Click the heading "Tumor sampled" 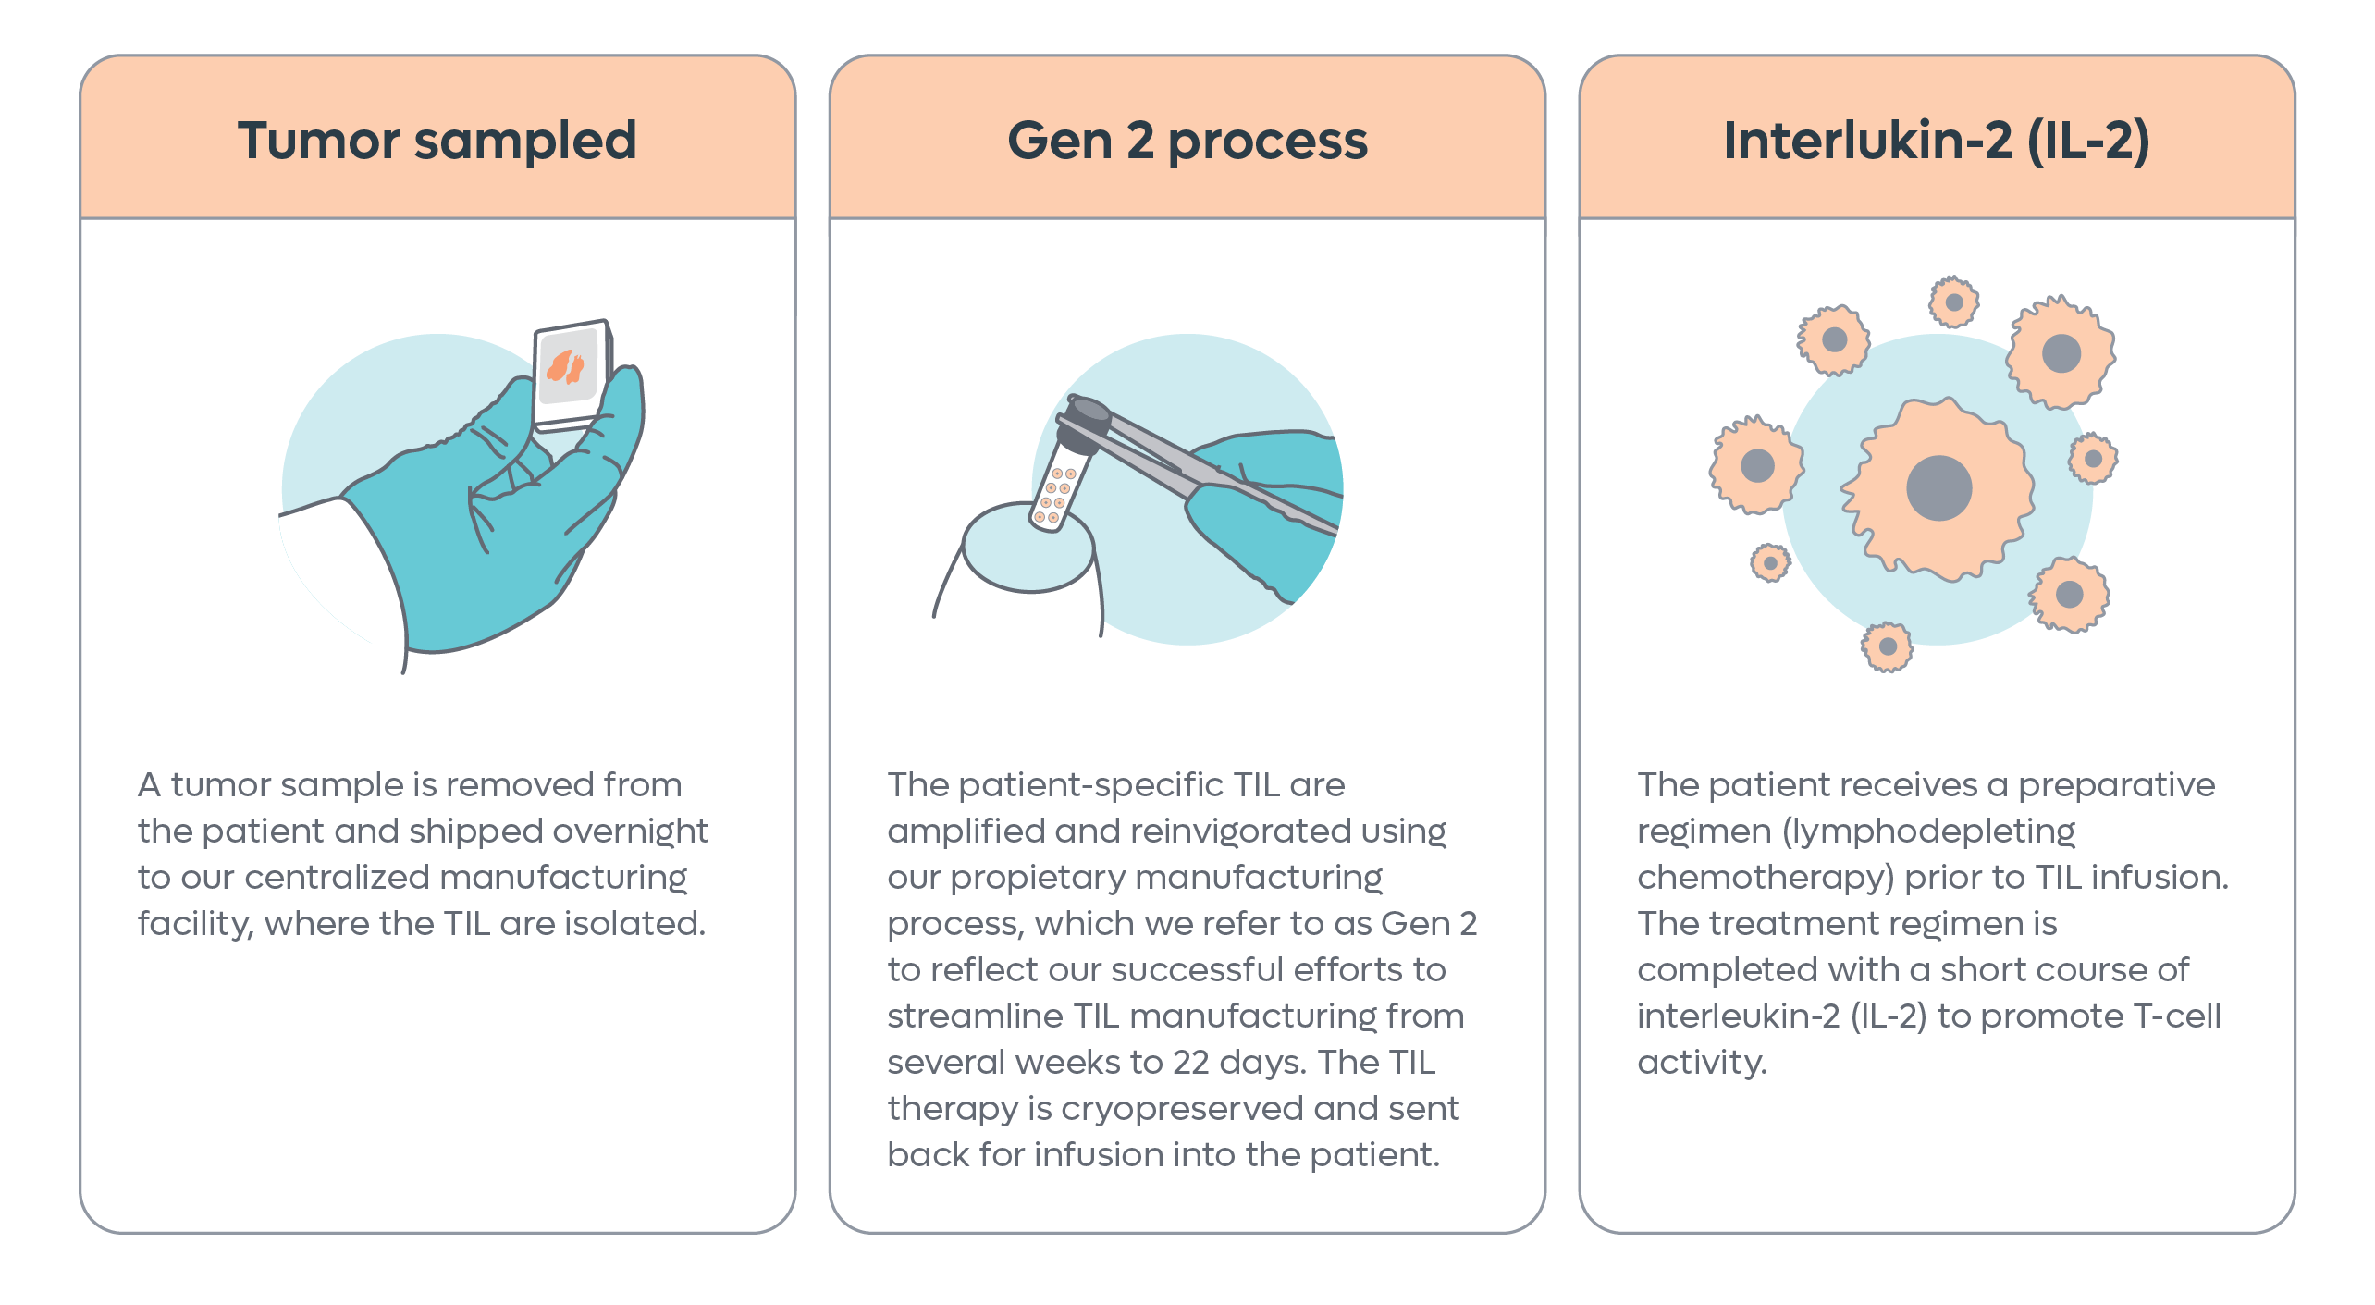coord(437,141)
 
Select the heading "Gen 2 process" coord(1187,142)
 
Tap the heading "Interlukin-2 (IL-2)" coord(1937,142)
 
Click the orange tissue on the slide coord(564,366)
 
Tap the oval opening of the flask coord(1028,547)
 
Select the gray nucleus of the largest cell coord(1938,488)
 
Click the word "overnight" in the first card coord(631,831)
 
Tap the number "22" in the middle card coord(1191,1063)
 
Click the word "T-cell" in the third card coord(2177,1016)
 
